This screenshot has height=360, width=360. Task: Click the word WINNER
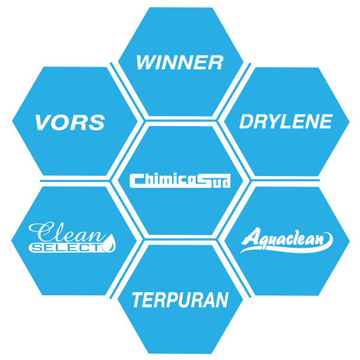[179, 62]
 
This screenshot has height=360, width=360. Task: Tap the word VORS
[70, 122]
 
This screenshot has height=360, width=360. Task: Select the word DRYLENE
[286, 122]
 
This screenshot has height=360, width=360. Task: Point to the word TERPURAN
[180, 299]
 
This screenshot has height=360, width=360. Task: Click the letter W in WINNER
[146, 62]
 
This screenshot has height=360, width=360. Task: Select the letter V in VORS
[44, 122]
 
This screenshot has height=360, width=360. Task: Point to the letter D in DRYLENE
[247, 122]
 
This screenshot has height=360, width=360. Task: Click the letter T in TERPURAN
[139, 299]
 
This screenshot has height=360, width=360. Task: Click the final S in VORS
[97, 122]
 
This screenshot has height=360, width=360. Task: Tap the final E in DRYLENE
[325, 122]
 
